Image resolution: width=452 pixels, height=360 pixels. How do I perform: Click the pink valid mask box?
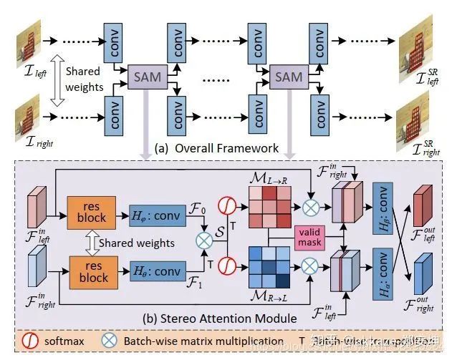point(311,238)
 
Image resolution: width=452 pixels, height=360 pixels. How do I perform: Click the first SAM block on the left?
point(147,74)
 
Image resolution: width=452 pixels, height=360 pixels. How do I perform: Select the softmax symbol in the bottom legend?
point(31,341)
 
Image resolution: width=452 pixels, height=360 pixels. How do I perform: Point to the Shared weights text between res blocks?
point(135,243)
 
